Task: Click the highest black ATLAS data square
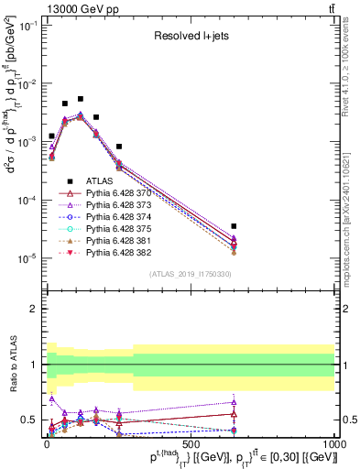81,99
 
